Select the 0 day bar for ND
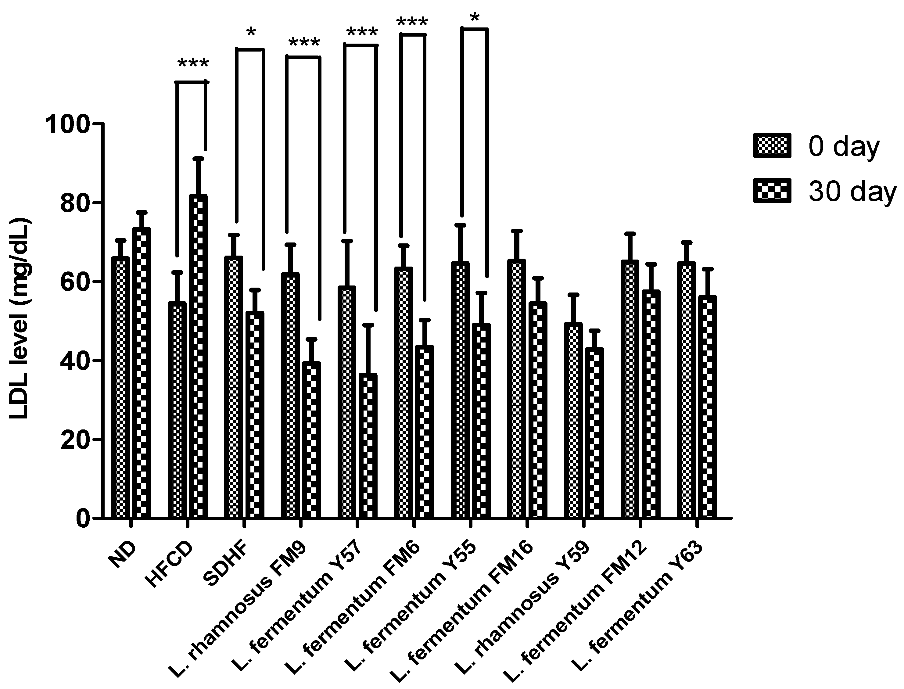[x=120, y=388]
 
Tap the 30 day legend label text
[x=852, y=192]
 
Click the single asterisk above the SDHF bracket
[x=251, y=33]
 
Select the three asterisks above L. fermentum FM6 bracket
[x=412, y=22]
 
